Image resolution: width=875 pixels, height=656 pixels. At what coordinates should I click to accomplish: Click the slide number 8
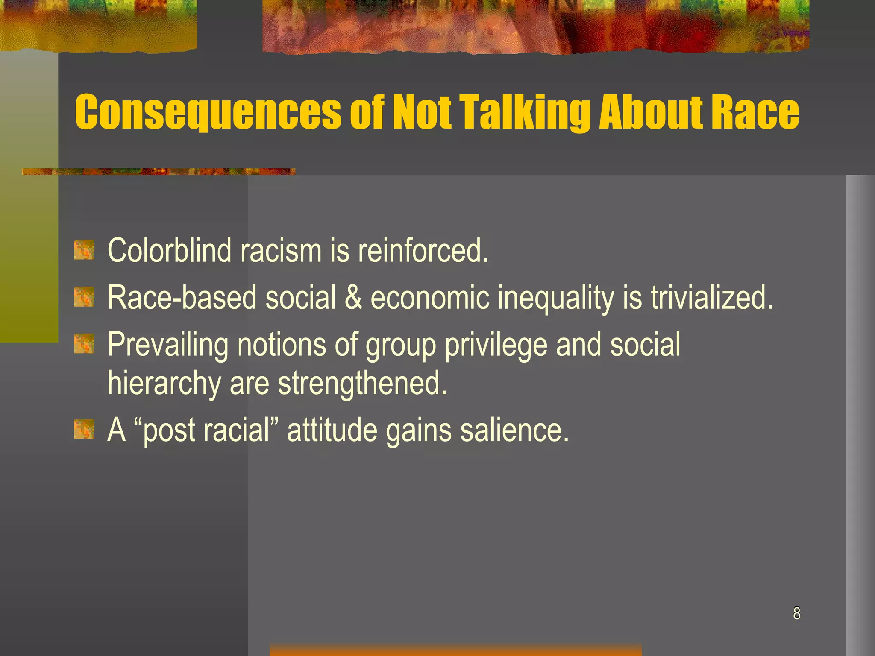pyautogui.click(x=796, y=613)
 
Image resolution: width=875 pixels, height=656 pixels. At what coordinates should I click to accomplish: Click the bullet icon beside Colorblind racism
pyautogui.click(x=84, y=250)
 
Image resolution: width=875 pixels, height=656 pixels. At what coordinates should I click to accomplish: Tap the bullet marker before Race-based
pyautogui.click(x=84, y=297)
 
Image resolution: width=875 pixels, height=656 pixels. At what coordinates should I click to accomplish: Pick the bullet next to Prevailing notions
pyautogui.click(x=84, y=344)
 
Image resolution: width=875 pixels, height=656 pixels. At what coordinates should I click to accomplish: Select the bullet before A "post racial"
pyautogui.click(x=84, y=430)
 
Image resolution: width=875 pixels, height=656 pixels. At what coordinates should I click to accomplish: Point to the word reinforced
pyautogui.click(x=423, y=250)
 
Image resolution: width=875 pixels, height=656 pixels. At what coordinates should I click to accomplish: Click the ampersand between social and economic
pyautogui.click(x=353, y=297)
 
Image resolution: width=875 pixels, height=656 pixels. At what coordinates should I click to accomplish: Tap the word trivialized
pyautogui.click(x=712, y=297)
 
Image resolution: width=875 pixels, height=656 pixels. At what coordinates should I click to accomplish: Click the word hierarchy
pyautogui.click(x=164, y=384)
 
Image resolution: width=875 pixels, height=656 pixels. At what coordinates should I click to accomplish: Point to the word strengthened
pyautogui.click(x=362, y=384)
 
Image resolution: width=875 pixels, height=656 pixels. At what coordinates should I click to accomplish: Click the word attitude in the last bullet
pyautogui.click(x=332, y=430)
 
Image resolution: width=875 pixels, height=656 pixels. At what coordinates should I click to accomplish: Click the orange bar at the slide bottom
pyautogui.click(x=455, y=650)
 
